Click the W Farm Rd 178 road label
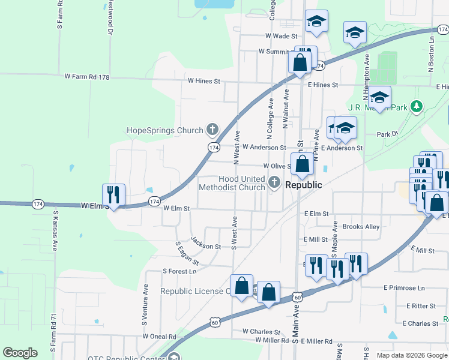(x=87, y=77)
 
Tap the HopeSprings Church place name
(x=164, y=130)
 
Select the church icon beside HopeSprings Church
(x=212, y=129)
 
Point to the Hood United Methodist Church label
(x=242, y=183)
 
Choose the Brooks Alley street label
(x=361, y=227)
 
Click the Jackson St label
(x=206, y=243)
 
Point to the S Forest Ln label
(x=179, y=271)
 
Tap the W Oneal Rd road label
(x=159, y=337)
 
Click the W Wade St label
(x=277, y=36)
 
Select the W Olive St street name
(x=276, y=166)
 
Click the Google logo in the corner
(x=20, y=353)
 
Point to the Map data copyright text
(x=411, y=355)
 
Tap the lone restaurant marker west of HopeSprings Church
(x=113, y=194)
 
